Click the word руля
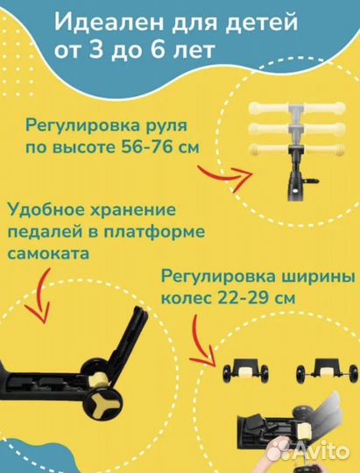[167, 126]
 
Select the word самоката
[48, 254]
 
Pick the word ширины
[318, 277]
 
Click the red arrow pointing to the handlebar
[227, 176]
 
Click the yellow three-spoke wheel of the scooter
[103, 402]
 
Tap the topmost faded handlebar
[298, 108]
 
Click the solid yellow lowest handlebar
[298, 150]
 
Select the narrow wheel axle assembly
[245, 371]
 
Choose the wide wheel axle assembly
[327, 371]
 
